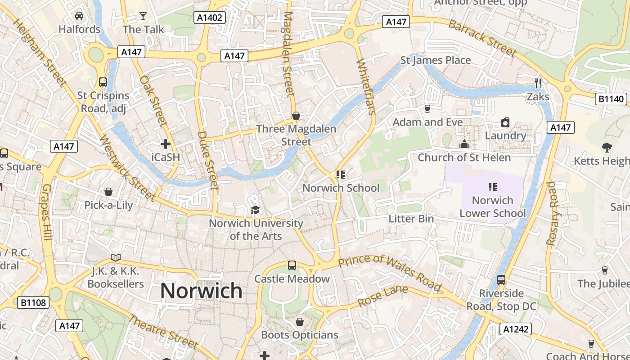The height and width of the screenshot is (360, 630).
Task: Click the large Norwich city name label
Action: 201,291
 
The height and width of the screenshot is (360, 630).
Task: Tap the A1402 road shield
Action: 210,18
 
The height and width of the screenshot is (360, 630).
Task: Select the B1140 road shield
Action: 611,99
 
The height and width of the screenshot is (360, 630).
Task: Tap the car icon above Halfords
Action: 79,16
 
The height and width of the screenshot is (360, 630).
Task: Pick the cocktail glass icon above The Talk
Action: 143,16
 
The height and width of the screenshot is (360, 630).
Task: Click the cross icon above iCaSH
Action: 166,144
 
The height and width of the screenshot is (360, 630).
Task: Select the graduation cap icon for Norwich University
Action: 255,210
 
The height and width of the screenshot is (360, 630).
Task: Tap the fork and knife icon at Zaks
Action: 538,83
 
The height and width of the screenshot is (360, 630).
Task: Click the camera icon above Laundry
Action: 505,122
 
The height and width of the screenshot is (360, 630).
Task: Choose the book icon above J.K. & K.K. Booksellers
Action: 116,257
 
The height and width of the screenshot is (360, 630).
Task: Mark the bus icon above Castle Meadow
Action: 292,265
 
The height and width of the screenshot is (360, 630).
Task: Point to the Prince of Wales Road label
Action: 389,272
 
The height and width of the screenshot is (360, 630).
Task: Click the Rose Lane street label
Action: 382,296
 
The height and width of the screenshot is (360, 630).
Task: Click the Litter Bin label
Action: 411,219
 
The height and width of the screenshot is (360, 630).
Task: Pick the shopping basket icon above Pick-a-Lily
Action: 108,192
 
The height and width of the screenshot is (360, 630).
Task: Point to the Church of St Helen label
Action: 464,157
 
